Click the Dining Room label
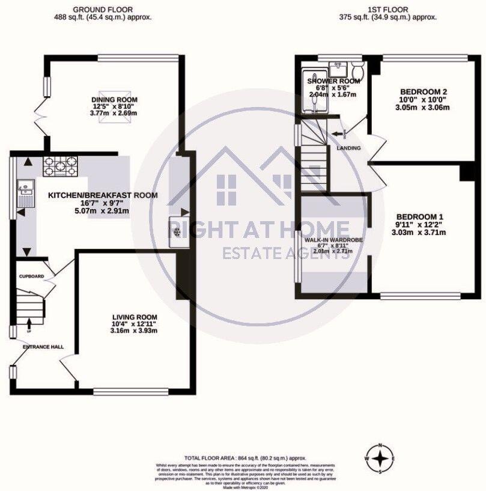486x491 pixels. click(x=114, y=100)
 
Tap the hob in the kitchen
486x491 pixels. click(x=60, y=165)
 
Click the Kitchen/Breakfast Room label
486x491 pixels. click(x=103, y=195)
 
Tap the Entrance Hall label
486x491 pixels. click(x=43, y=347)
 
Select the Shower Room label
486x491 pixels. click(x=333, y=81)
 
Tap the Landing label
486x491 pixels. click(x=348, y=148)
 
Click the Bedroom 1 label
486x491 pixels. click(x=420, y=216)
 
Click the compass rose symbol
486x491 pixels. click(x=380, y=459)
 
